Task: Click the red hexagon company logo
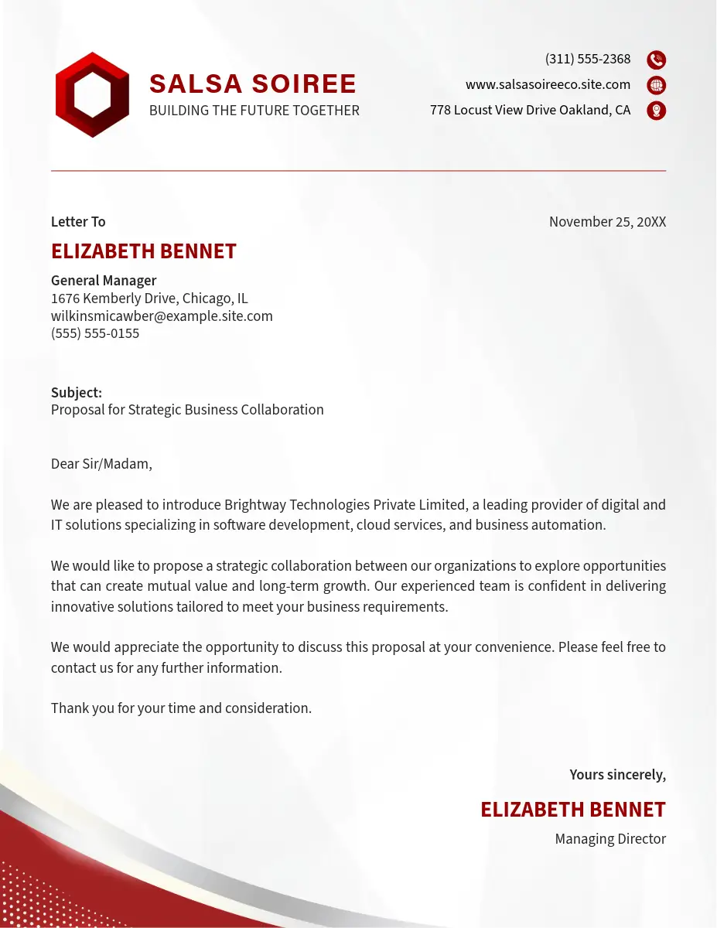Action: [92, 95]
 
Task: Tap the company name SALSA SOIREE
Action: [252, 84]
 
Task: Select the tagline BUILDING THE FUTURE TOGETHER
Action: [254, 111]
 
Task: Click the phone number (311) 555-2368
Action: [587, 60]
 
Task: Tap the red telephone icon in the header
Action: [656, 60]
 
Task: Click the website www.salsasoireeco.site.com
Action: [548, 85]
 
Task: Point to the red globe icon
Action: [656, 85]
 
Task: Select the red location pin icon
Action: [656, 111]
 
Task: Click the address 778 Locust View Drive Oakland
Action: [530, 111]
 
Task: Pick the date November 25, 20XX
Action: [607, 222]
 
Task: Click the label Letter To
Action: [78, 222]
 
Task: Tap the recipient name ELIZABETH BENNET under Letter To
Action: [144, 251]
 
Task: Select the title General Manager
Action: [104, 281]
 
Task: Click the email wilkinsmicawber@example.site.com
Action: [162, 316]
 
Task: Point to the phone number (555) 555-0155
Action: [95, 334]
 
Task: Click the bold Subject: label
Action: [77, 393]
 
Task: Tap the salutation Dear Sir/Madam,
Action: [101, 464]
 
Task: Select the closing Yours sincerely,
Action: [617, 775]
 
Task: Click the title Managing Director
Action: [610, 839]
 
